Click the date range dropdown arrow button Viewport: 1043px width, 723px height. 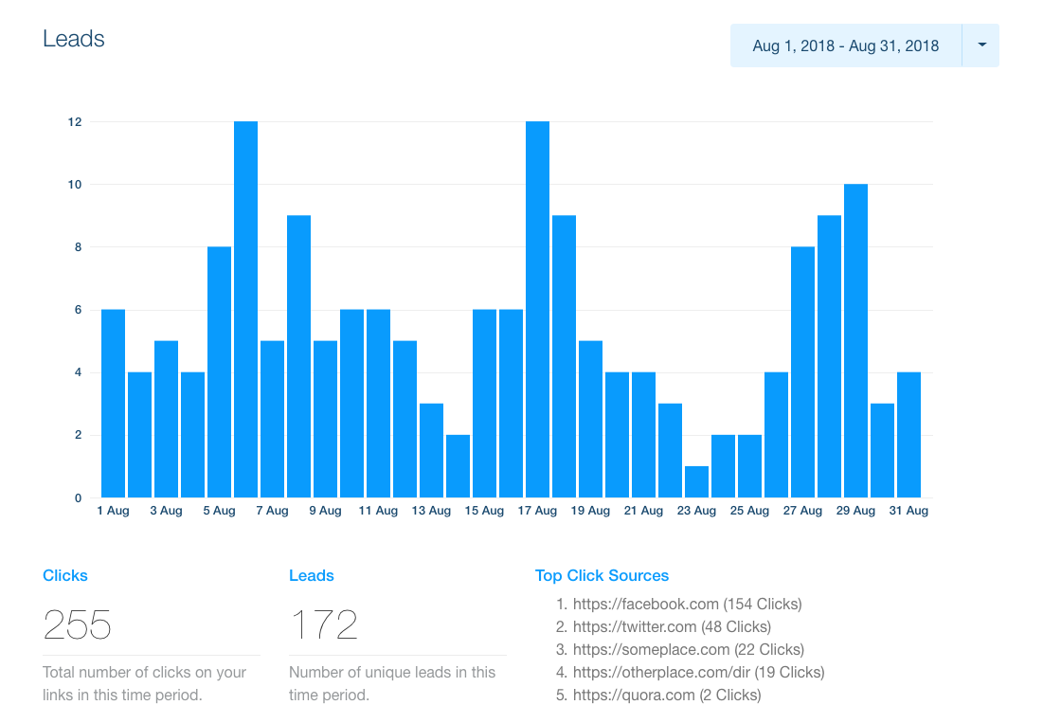[x=980, y=45]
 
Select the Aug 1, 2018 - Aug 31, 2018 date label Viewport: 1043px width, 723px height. [x=845, y=45]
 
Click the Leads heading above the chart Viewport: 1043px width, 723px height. [x=74, y=39]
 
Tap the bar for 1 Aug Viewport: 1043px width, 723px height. [x=113, y=404]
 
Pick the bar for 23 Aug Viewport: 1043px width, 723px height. [x=696, y=481]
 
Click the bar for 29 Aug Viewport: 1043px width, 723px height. [x=855, y=341]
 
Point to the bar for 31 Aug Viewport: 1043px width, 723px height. [x=908, y=435]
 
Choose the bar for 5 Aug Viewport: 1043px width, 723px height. [x=219, y=372]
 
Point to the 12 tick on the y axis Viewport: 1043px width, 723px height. [x=74, y=122]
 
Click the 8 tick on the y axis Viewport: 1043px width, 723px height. [x=76, y=247]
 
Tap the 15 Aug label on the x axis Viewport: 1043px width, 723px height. [x=484, y=511]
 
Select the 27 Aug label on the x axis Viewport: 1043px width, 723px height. [x=802, y=511]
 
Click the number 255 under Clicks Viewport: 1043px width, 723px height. [x=78, y=625]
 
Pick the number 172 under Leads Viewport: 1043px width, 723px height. [x=324, y=625]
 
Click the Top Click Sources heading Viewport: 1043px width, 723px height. [x=602, y=575]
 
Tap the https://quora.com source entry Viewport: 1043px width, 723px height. [x=666, y=695]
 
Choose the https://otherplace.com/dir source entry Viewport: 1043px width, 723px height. [x=698, y=672]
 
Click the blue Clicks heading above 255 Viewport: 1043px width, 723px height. [x=65, y=575]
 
